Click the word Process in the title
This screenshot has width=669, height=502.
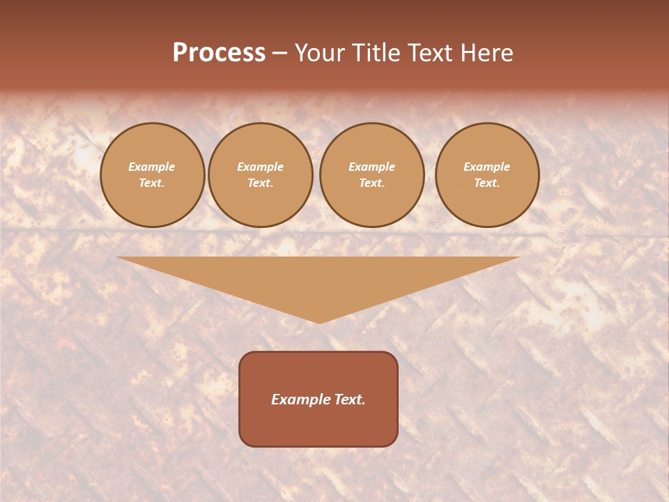(219, 53)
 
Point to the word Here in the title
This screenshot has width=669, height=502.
(489, 53)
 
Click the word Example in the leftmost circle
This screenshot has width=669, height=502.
(152, 167)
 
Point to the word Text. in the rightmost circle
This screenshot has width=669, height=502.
(487, 183)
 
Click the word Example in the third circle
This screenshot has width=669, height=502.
(372, 167)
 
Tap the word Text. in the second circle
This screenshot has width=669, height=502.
(261, 183)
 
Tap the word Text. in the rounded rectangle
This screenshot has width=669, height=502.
(350, 400)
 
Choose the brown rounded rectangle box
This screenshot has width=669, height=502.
(318, 425)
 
